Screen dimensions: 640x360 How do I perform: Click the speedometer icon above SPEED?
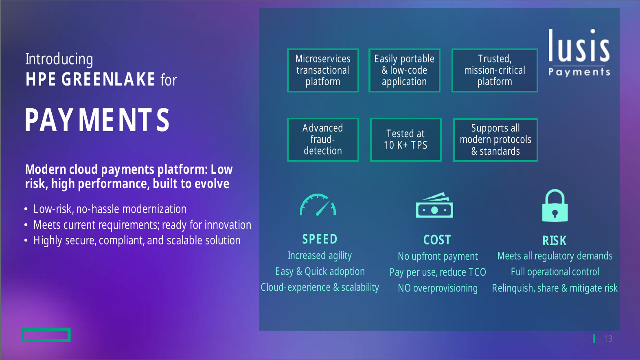(318, 204)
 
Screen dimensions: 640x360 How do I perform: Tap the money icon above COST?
(434, 205)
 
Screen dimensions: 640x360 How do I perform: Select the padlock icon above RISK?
(555, 205)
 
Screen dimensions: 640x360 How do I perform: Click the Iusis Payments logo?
(579, 53)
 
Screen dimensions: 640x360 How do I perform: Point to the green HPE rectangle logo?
(46, 335)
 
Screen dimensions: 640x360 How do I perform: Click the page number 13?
(608, 338)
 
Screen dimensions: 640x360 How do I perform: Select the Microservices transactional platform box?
(323, 70)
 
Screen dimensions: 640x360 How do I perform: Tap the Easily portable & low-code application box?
(404, 70)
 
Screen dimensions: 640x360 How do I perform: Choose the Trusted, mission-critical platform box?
(495, 70)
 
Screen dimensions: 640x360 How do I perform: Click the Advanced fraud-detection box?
(323, 139)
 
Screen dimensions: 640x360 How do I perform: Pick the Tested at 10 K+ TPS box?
(406, 139)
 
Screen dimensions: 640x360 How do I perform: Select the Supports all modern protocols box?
(495, 140)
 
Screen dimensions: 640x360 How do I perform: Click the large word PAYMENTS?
(97, 120)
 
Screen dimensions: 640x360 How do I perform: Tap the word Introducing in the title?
(59, 59)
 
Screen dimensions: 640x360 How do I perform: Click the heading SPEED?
(320, 239)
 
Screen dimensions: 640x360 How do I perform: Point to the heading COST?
(437, 240)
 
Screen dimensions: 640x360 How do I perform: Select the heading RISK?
(554, 241)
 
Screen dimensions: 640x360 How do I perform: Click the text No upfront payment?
(438, 256)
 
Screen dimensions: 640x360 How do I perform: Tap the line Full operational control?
(555, 272)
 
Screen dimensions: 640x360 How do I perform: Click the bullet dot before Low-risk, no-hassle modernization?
(26, 209)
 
